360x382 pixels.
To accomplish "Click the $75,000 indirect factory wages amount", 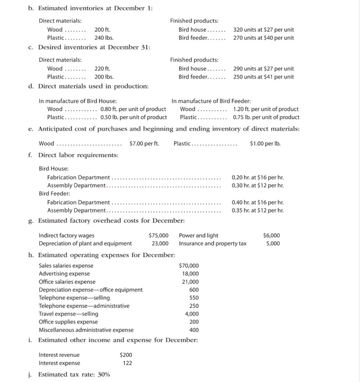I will tap(158, 235).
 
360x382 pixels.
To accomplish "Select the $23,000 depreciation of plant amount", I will tap(160, 243).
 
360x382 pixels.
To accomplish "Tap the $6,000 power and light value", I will tap(271, 235).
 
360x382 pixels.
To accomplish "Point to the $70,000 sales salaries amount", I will tap(189, 265).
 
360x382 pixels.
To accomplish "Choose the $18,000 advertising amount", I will tap(190, 273).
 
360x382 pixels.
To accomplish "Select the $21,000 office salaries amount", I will tap(190, 282).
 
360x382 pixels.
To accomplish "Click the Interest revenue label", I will tap(59, 355).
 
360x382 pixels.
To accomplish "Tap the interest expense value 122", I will tap(127, 363).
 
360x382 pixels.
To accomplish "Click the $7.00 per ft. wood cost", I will tap(144, 144).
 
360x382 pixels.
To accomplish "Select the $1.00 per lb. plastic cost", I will tap(264, 144).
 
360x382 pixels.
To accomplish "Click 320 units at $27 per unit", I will tap(263, 29).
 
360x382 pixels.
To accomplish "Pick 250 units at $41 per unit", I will tap(263, 77).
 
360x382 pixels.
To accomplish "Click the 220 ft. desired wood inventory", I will tap(102, 69).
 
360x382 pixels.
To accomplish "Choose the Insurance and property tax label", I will tap(213, 243).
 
